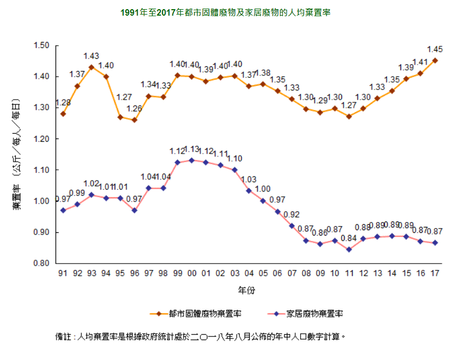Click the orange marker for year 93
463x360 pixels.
tap(92, 67)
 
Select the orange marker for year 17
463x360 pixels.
tap(435, 60)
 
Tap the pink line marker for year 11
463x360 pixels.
tap(349, 250)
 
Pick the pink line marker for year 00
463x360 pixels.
tap(191, 160)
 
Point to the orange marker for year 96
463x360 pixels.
tap(134, 120)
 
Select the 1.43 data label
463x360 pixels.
tap(92, 56)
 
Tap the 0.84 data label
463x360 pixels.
tap(349, 238)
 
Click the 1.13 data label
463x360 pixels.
tap(192, 149)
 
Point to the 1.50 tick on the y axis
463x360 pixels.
tap(41, 45)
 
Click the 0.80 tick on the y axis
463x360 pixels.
tap(41, 264)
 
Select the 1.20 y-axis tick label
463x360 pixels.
tap(41, 139)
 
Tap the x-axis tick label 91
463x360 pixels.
tap(63, 273)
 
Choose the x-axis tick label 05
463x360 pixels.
tap(263, 273)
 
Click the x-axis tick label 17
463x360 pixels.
tap(435, 273)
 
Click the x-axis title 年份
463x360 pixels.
tap(247, 290)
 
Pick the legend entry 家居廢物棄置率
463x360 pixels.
tap(314, 313)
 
